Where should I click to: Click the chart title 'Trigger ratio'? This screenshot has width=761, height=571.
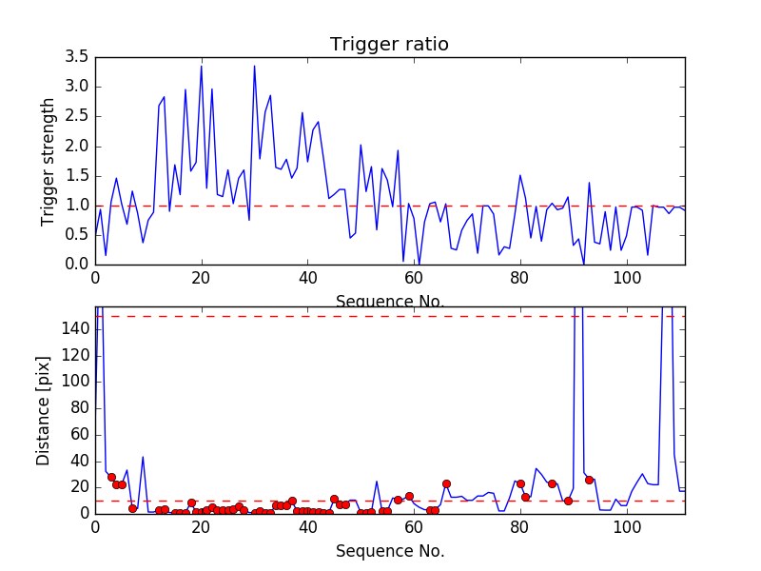coord(389,45)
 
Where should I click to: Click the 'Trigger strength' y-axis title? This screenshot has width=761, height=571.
coord(49,161)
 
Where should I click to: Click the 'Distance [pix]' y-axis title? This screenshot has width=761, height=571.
coord(44,410)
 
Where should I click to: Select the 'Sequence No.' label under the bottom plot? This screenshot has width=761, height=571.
coord(390,551)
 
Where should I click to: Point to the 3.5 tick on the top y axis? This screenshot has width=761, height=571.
coord(77,57)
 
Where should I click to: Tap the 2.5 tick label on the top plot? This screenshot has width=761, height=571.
coord(77,116)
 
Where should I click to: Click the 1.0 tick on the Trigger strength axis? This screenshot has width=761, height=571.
coord(77,206)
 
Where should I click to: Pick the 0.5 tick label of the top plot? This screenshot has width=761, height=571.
coord(77,235)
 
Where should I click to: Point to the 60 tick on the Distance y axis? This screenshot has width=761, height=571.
coord(77,434)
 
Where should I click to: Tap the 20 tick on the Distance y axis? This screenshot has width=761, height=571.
coord(77,487)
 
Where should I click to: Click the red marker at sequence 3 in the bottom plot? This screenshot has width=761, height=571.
coord(111,477)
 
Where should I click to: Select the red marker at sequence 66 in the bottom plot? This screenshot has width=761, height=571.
coord(446,483)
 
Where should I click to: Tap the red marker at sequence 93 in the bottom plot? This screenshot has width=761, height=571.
coord(589,480)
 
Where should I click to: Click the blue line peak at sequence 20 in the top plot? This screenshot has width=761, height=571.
coord(201,66)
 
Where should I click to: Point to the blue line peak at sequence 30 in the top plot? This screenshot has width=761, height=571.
coord(254,66)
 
